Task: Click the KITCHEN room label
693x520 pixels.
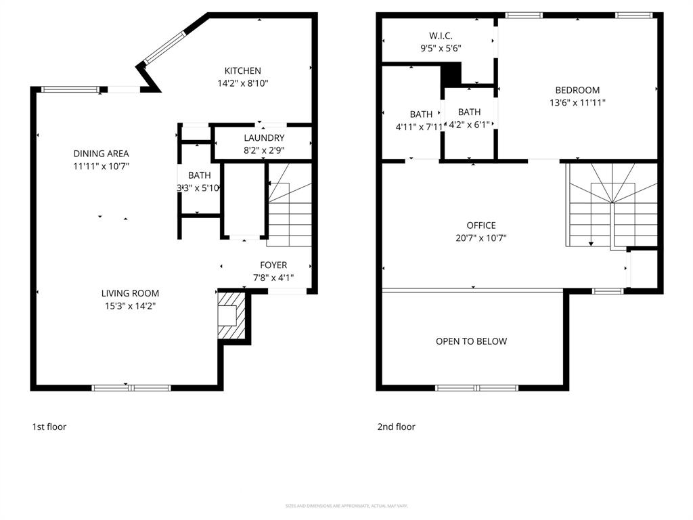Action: pyautogui.click(x=242, y=70)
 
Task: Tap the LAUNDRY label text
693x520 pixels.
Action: pyautogui.click(x=264, y=138)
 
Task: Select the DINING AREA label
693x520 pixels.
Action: pyautogui.click(x=101, y=154)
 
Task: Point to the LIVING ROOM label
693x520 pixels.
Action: pyautogui.click(x=130, y=293)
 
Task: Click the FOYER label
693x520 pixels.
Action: pyautogui.click(x=273, y=265)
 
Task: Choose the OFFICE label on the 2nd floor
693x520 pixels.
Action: pyautogui.click(x=480, y=225)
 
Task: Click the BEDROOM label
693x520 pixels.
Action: pyautogui.click(x=577, y=90)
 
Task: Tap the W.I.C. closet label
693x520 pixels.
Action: pyautogui.click(x=441, y=36)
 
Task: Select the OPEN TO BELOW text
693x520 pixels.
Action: pyautogui.click(x=471, y=341)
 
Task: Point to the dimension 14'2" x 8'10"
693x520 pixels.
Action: pyautogui.click(x=242, y=83)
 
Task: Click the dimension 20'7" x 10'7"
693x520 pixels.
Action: pyautogui.click(x=480, y=238)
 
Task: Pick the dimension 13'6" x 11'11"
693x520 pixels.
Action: pyautogui.click(x=577, y=103)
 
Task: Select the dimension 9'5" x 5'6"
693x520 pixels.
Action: pyautogui.click(x=441, y=48)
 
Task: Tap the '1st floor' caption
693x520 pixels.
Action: pyautogui.click(x=49, y=427)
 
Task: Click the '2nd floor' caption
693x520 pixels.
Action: pyautogui.click(x=396, y=427)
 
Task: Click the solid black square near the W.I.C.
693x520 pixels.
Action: pyautogui.click(x=451, y=74)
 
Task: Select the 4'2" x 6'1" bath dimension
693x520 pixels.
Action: pyautogui.click(x=469, y=125)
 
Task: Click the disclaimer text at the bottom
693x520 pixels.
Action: pyautogui.click(x=346, y=506)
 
